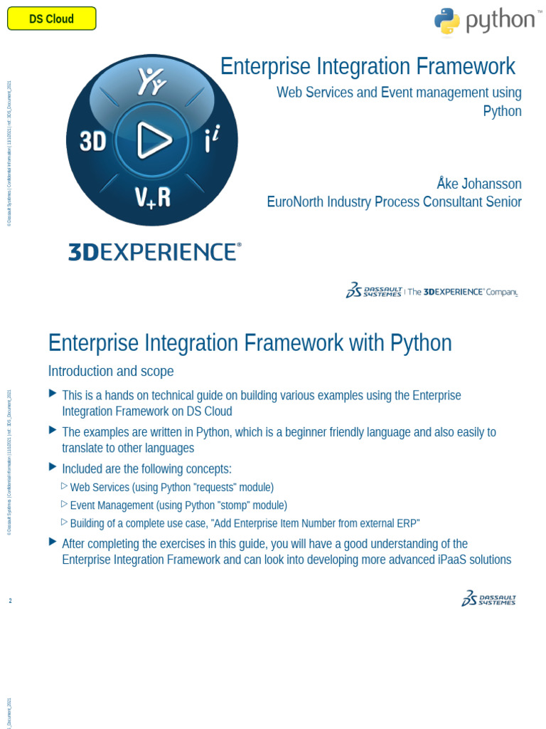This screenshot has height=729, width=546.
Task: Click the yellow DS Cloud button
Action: (x=51, y=19)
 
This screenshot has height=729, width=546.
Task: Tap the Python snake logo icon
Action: (x=446, y=21)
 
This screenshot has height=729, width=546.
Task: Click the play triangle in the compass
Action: (x=153, y=140)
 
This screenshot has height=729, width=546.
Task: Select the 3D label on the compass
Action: (x=92, y=142)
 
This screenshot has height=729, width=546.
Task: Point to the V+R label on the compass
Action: (x=153, y=196)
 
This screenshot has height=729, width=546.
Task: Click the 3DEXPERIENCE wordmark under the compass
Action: (x=154, y=252)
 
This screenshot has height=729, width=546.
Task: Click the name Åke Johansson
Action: (x=478, y=184)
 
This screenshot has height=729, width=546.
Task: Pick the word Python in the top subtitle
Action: (x=502, y=111)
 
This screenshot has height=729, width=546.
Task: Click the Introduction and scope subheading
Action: (x=111, y=372)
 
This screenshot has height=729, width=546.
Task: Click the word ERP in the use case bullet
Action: (x=407, y=524)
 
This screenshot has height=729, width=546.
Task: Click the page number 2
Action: (x=10, y=601)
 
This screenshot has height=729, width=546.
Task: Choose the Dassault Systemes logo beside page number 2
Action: (x=488, y=599)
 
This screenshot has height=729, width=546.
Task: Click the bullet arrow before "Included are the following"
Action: (x=53, y=467)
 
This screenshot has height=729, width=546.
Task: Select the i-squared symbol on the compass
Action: (x=211, y=141)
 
